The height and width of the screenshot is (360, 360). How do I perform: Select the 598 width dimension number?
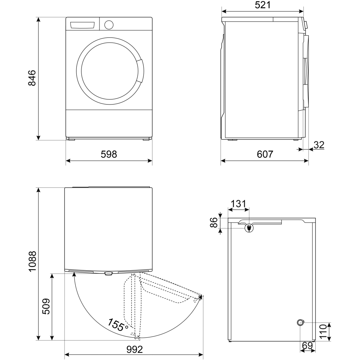109,154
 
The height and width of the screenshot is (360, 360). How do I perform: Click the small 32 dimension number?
319,145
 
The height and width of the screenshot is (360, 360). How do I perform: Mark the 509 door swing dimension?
46,306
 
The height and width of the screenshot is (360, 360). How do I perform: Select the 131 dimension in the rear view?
238,204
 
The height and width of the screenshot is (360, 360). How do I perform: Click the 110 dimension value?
323,331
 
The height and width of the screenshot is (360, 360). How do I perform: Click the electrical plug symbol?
249,227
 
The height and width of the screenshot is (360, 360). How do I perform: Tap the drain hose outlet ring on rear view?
301,322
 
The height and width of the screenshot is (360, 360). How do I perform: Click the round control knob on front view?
108,25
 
